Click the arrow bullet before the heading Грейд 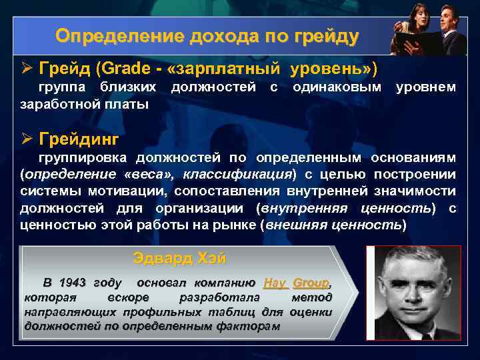(26, 69)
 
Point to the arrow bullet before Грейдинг (26, 139)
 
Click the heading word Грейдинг (79, 139)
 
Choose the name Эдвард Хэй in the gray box (179, 257)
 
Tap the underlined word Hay (275, 282)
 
